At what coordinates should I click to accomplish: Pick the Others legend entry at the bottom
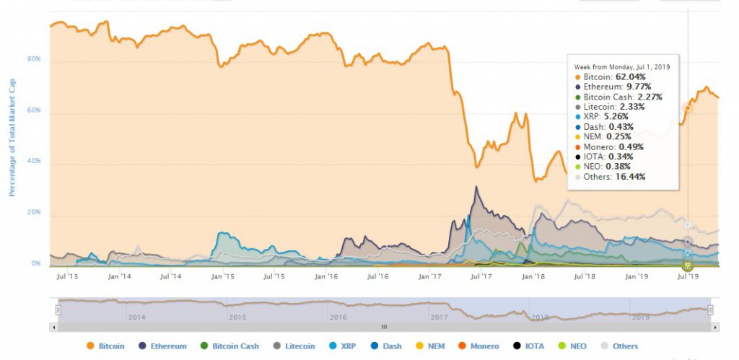click(618, 346)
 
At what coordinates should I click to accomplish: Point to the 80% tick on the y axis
click(35, 60)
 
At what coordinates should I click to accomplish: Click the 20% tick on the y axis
click(35, 214)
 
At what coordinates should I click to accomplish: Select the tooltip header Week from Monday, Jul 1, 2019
click(622, 66)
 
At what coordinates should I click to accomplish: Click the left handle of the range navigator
click(58, 309)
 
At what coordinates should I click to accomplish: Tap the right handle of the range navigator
click(711, 309)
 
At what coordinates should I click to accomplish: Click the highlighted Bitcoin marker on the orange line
click(688, 108)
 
